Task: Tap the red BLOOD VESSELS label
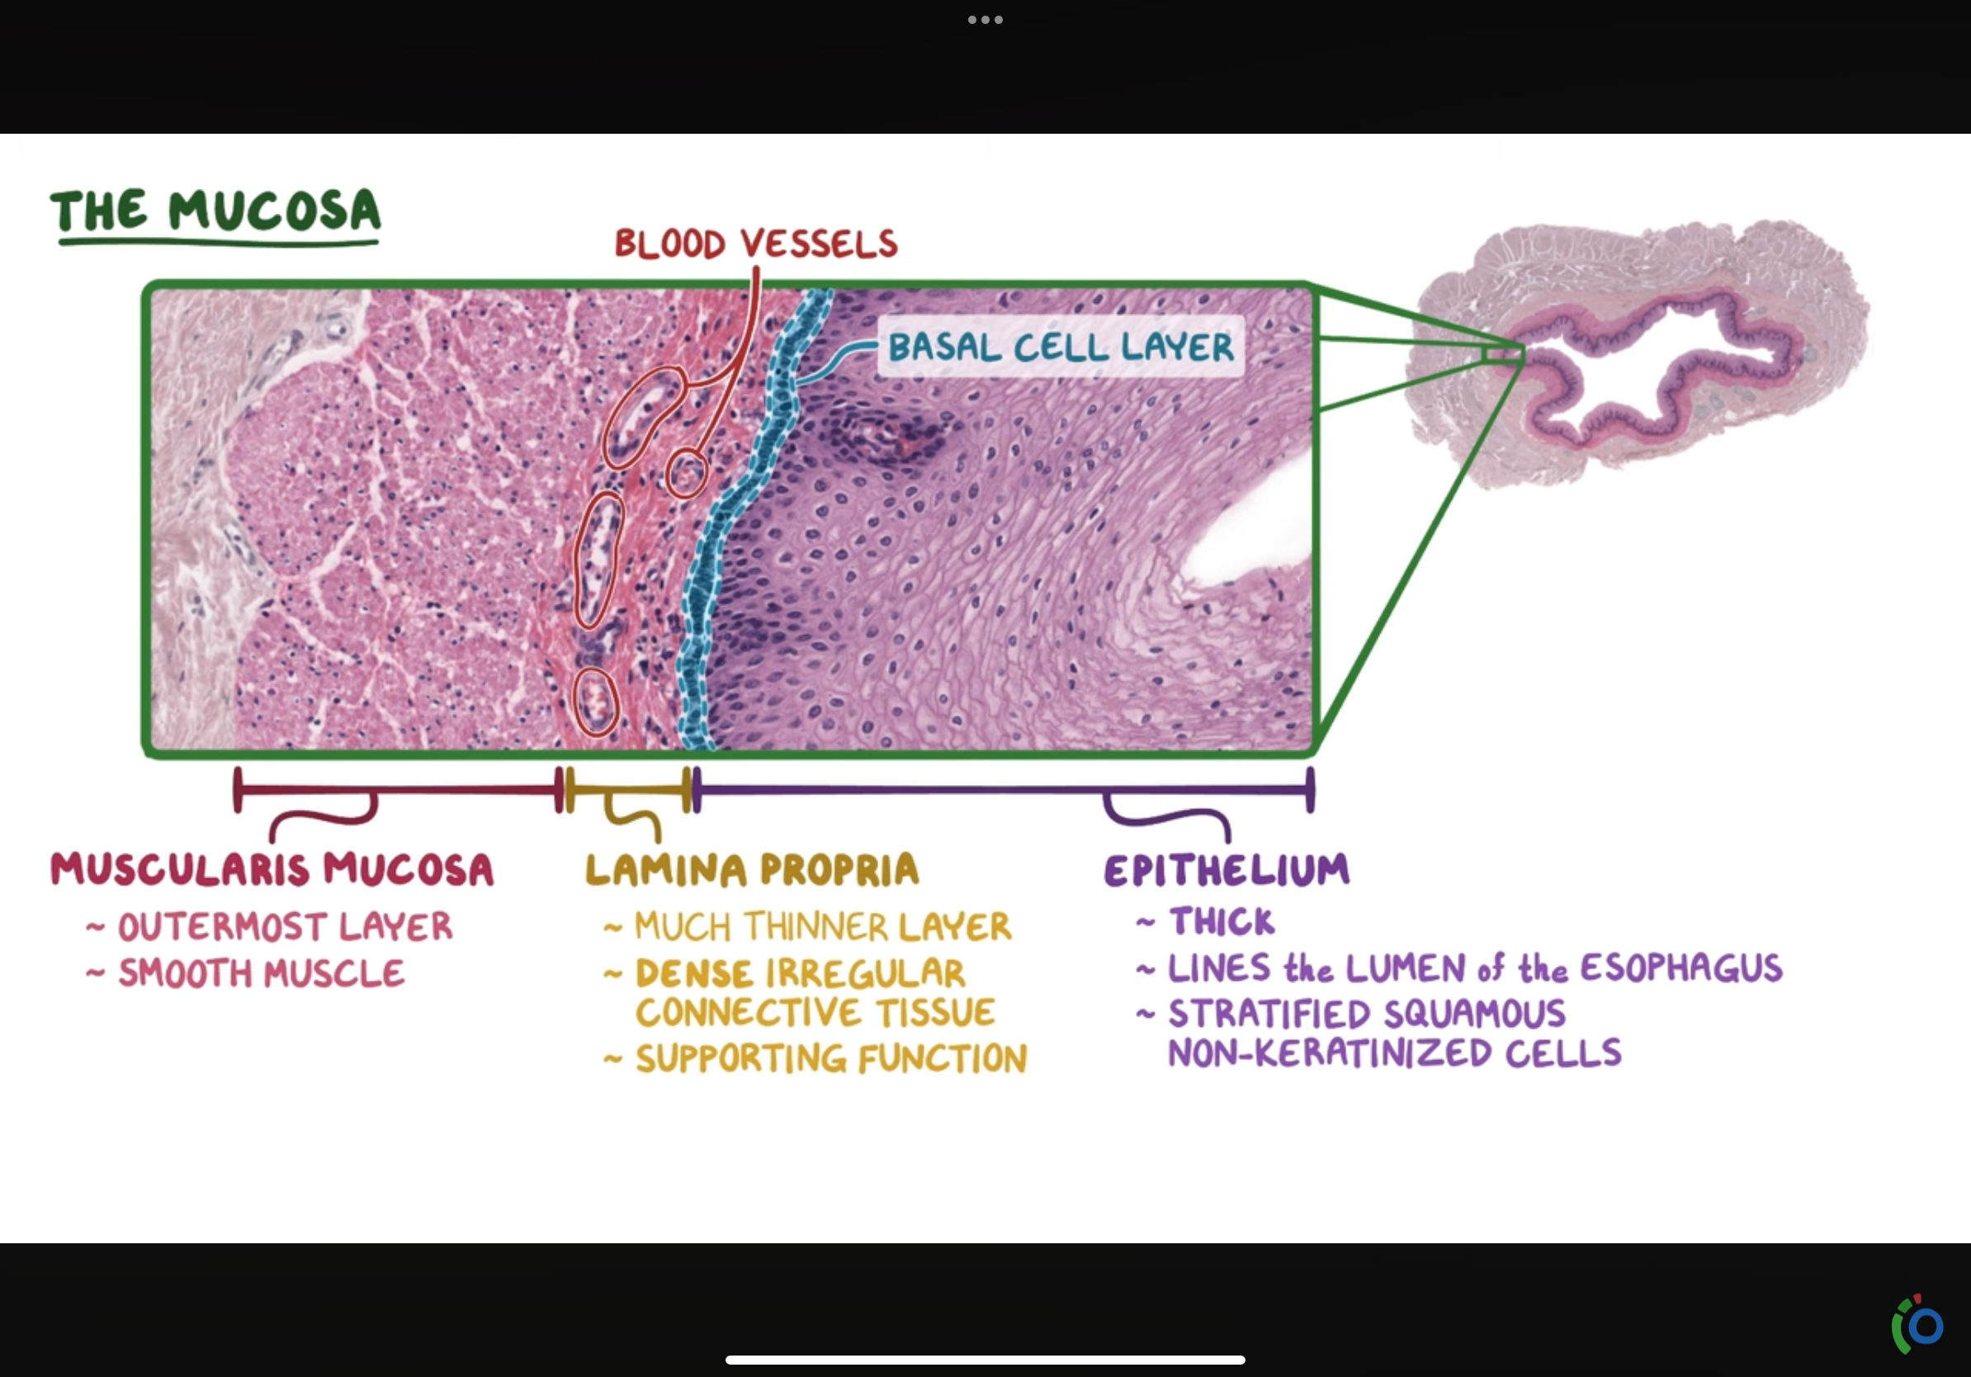(755, 244)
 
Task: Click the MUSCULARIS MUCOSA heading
(272, 869)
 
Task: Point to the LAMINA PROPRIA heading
(752, 869)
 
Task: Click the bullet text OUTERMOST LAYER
(285, 927)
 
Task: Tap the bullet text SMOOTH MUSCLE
(261, 973)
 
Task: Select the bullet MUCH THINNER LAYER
(822, 927)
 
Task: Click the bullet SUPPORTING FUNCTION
(831, 1058)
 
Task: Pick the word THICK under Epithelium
(1222, 922)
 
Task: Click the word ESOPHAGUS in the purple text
(1680, 968)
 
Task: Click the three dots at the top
(985, 20)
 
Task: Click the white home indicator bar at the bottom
(985, 1360)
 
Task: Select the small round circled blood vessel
(686, 474)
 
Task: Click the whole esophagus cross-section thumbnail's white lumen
(1631, 369)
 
